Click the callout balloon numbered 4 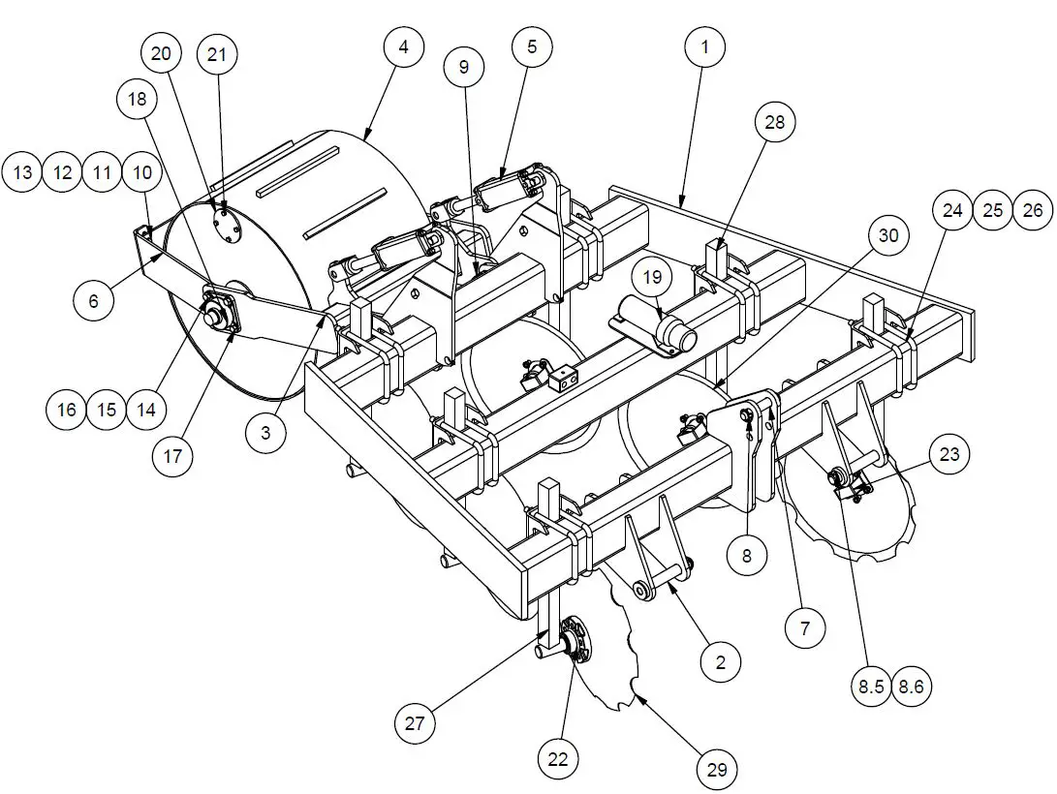403,47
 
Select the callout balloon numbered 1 705,47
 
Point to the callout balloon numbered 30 888,235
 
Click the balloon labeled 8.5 869,687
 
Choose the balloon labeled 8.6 912,687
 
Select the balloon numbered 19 653,277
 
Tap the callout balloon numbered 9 464,67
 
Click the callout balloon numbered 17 173,455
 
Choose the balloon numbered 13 23,173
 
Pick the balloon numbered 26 1033,210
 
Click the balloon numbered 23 950,454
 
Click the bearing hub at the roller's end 218,312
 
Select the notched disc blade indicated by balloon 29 620,658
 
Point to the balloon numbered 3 265,434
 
